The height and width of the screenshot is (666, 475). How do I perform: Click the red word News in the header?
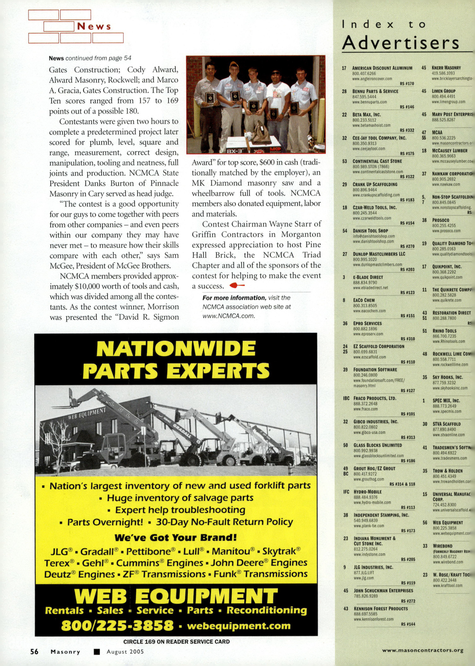click(x=94, y=27)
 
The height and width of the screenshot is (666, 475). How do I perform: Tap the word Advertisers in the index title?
click(x=400, y=43)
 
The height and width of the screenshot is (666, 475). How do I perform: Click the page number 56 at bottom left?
click(x=34, y=652)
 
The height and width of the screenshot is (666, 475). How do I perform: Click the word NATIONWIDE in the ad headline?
click(x=176, y=348)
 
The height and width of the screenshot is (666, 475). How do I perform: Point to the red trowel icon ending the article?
click(x=237, y=285)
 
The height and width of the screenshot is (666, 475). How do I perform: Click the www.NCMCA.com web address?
click(x=229, y=316)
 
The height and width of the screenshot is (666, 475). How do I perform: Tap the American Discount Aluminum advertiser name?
click(x=382, y=68)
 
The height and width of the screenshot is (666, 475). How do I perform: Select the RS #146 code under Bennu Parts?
click(x=407, y=107)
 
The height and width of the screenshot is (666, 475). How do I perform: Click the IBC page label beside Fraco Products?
click(x=346, y=398)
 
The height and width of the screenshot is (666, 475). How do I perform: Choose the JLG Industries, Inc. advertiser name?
click(x=373, y=567)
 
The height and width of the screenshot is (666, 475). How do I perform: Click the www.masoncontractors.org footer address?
click(x=423, y=651)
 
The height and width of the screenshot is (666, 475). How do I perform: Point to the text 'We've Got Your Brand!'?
click(x=175, y=538)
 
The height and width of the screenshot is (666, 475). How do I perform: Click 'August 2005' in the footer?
click(x=125, y=652)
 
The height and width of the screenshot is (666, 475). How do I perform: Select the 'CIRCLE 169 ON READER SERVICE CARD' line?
click(x=176, y=642)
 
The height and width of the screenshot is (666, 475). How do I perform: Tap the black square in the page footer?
click(x=97, y=652)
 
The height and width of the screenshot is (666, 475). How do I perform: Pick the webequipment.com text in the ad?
click(x=239, y=626)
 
